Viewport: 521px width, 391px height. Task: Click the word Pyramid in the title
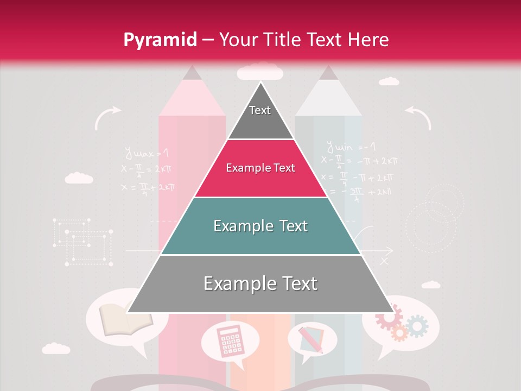click(160, 40)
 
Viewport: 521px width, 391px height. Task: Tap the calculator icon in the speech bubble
click(230, 340)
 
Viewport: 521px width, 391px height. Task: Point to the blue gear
click(417, 325)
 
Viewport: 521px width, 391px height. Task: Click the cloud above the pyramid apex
click(260, 71)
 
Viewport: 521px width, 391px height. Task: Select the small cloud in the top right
click(388, 81)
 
